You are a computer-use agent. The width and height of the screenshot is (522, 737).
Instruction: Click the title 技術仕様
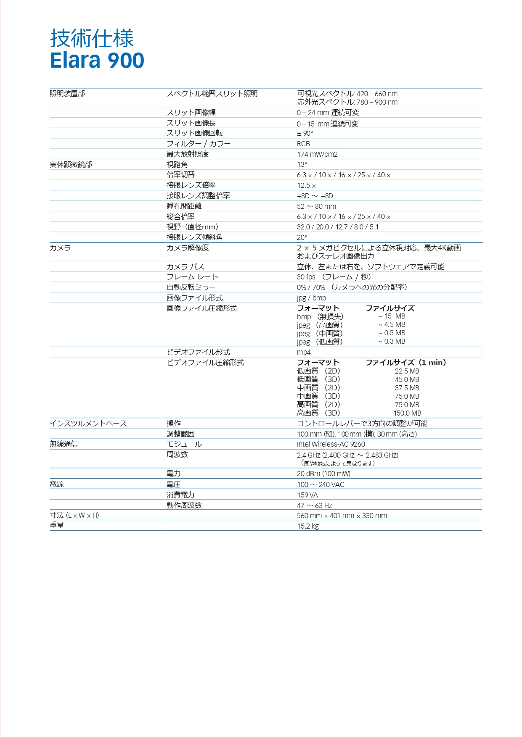[x=92, y=38]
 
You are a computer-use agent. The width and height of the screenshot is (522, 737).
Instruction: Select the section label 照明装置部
[x=67, y=93]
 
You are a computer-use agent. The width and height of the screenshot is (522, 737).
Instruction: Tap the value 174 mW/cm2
[x=317, y=154]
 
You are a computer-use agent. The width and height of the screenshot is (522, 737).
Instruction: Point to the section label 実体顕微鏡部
[x=71, y=164]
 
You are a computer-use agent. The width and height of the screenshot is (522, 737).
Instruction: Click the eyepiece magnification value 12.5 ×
[x=306, y=185]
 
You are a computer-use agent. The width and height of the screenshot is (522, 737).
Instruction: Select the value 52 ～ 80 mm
[x=316, y=206]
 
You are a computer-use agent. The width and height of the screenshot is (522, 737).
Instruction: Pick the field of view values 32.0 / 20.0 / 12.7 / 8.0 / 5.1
[x=338, y=227]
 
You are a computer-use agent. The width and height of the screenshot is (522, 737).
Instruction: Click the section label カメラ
[x=60, y=248]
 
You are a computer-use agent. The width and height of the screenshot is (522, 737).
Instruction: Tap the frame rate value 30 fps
[x=306, y=277]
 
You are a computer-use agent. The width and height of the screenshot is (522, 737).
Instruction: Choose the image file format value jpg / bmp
[x=311, y=298]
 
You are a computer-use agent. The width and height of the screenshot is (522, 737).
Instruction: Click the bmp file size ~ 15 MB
[x=392, y=316]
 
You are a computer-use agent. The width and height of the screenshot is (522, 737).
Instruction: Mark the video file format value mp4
[x=304, y=352]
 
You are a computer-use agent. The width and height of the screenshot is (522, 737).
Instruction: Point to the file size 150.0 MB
[x=407, y=413]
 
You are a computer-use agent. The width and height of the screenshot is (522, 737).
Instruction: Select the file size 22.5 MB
[x=407, y=371]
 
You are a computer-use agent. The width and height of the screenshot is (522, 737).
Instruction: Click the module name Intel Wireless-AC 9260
[x=331, y=444]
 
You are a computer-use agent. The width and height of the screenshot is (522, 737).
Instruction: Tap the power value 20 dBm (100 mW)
[x=323, y=474]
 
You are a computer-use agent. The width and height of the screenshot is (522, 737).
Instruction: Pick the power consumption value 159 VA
[x=307, y=495]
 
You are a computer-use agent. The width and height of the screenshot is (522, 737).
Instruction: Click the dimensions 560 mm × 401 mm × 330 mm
[x=342, y=516]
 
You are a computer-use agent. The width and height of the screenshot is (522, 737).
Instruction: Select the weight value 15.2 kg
[x=308, y=526]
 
